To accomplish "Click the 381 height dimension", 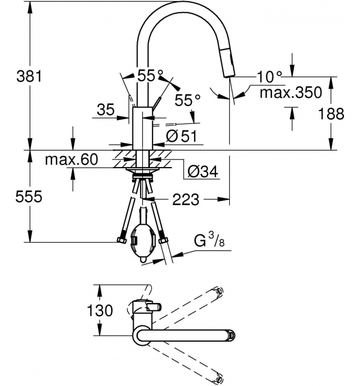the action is click(29, 76).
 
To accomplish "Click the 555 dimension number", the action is click(29, 196).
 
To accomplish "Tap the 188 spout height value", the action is click(331, 113).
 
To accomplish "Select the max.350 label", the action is click(291, 93).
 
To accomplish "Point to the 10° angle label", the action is click(269, 77).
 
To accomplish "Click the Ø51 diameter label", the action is click(181, 136).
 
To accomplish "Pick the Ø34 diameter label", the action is click(203, 172).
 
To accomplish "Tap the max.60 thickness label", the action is click(71, 160).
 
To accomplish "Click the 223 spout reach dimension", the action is click(186, 200).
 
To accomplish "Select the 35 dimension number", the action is click(106, 109).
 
